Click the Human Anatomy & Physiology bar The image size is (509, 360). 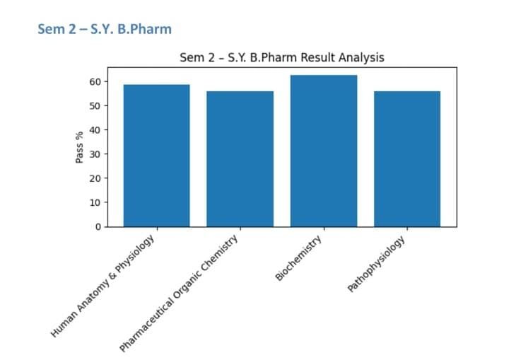[156, 156]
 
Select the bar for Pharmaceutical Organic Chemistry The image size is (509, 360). [240, 159]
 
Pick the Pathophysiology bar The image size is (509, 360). [406, 159]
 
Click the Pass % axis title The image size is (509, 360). [79, 146]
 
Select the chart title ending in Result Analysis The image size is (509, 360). [282, 57]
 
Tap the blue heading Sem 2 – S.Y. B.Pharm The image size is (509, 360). [105, 30]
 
